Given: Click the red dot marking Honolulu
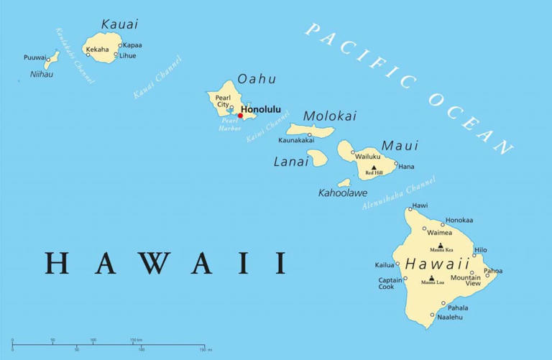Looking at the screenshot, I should pyautogui.click(x=240, y=115).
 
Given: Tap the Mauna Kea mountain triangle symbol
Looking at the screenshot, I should pyautogui.click(x=442, y=245).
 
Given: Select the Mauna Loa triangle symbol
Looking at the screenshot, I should pyautogui.click(x=431, y=278).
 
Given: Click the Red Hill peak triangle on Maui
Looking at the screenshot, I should pyautogui.click(x=373, y=167).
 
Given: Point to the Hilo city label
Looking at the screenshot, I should pyautogui.click(x=481, y=249).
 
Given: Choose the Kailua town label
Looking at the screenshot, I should pyautogui.click(x=385, y=265).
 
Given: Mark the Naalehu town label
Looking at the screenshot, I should pyautogui.click(x=450, y=317).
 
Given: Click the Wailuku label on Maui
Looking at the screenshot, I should pyautogui.click(x=369, y=155).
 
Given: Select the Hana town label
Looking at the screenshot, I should pyautogui.click(x=407, y=167).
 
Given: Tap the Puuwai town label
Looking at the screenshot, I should pyautogui.click(x=34, y=57).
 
